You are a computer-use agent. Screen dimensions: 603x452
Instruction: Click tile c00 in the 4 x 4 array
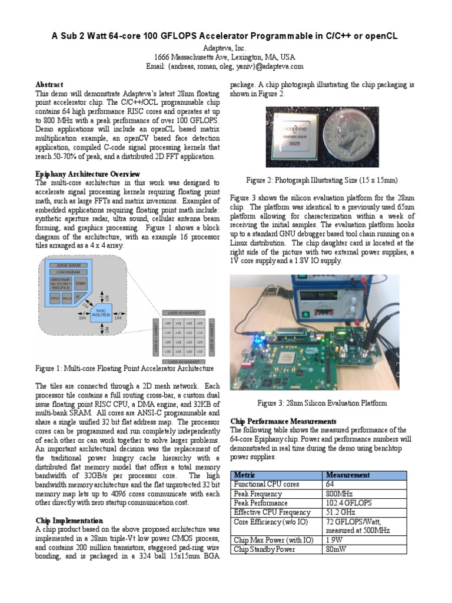click(x=168, y=323)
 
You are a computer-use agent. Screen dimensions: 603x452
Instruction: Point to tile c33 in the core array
click(x=200, y=352)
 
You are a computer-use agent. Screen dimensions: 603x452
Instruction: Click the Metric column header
click(x=245, y=475)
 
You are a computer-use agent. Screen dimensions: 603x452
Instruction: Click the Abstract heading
click(x=49, y=85)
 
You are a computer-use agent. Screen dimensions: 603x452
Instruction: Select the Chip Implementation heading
click(x=69, y=521)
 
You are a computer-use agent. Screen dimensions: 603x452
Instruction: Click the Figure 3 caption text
click(x=322, y=403)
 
